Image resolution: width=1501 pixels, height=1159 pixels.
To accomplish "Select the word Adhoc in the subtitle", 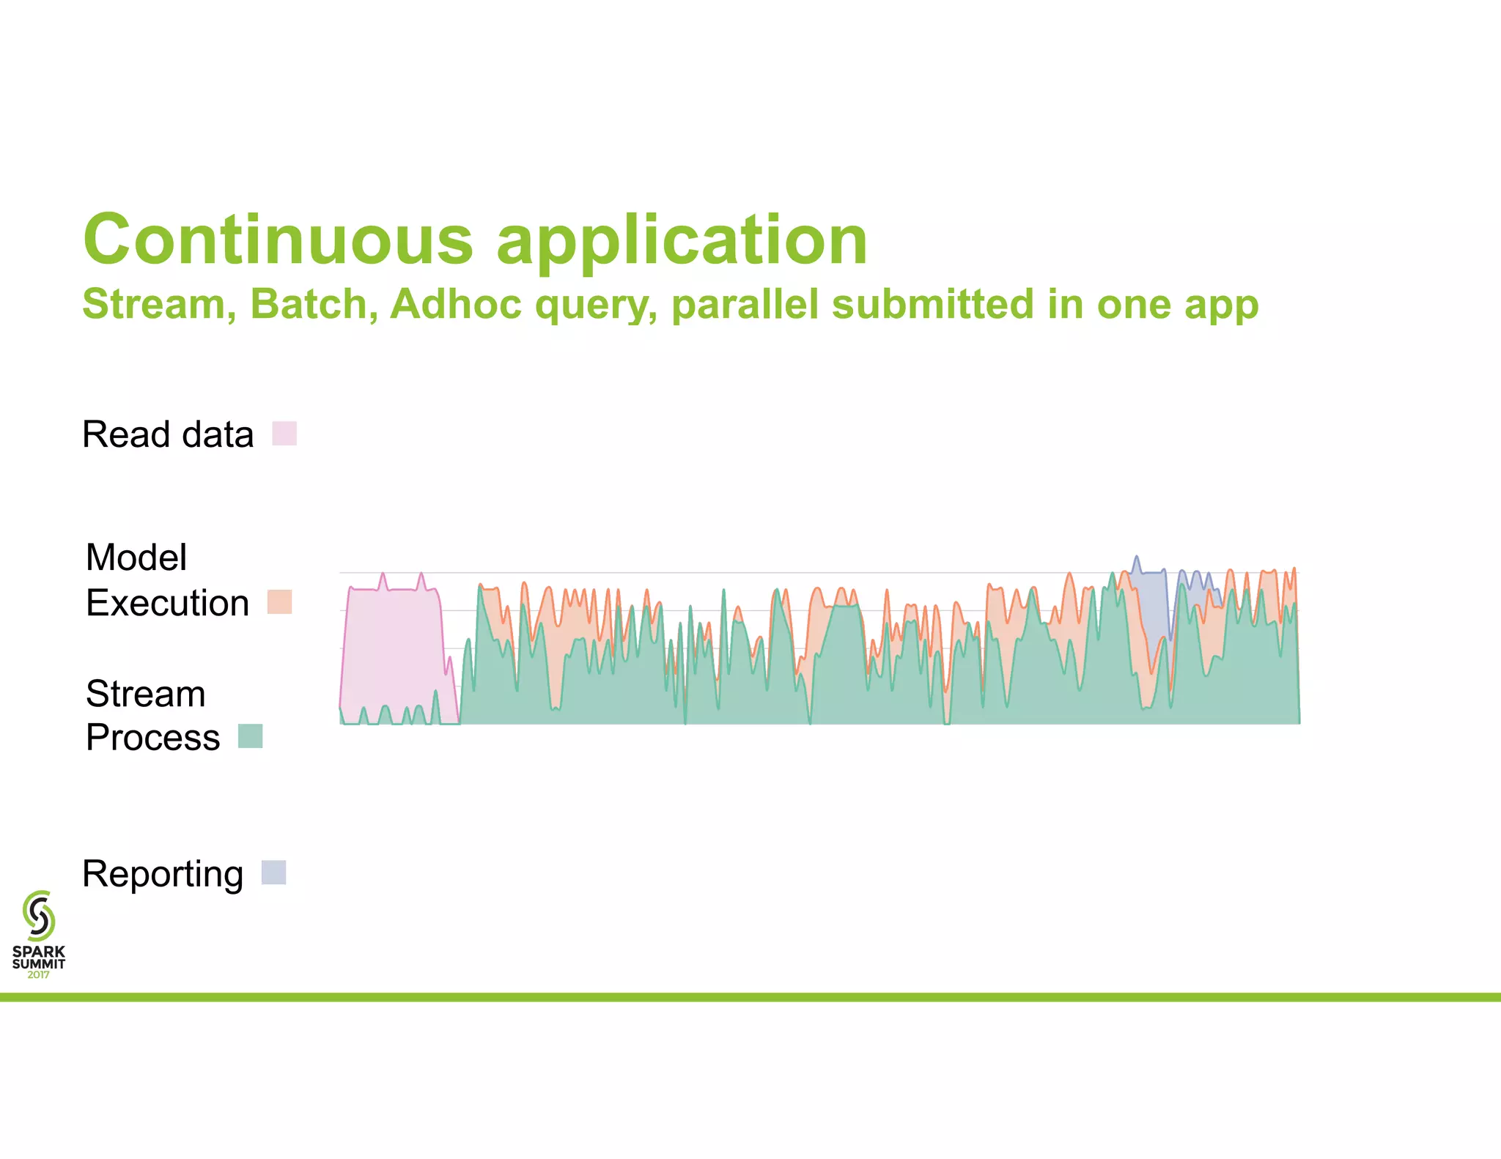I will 455,304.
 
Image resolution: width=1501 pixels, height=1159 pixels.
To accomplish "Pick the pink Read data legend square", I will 284,433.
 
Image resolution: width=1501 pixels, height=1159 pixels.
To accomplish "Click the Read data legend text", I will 168,434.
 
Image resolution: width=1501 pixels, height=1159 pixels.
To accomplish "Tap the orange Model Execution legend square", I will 279,602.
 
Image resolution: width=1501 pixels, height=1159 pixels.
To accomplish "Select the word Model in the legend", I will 136,557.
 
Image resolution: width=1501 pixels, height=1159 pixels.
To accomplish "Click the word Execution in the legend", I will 167,603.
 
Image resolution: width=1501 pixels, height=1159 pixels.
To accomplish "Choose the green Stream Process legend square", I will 251,736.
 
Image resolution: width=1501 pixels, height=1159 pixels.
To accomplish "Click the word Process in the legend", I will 152,737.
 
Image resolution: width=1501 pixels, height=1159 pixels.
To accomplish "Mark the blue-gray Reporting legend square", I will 273,873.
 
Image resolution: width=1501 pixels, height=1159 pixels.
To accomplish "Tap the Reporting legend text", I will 163,874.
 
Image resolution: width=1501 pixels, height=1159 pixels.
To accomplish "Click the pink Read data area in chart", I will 392,645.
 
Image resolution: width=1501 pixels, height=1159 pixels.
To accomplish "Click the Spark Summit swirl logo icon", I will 39,915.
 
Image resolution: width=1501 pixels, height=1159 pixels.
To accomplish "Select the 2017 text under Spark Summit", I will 38,974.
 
